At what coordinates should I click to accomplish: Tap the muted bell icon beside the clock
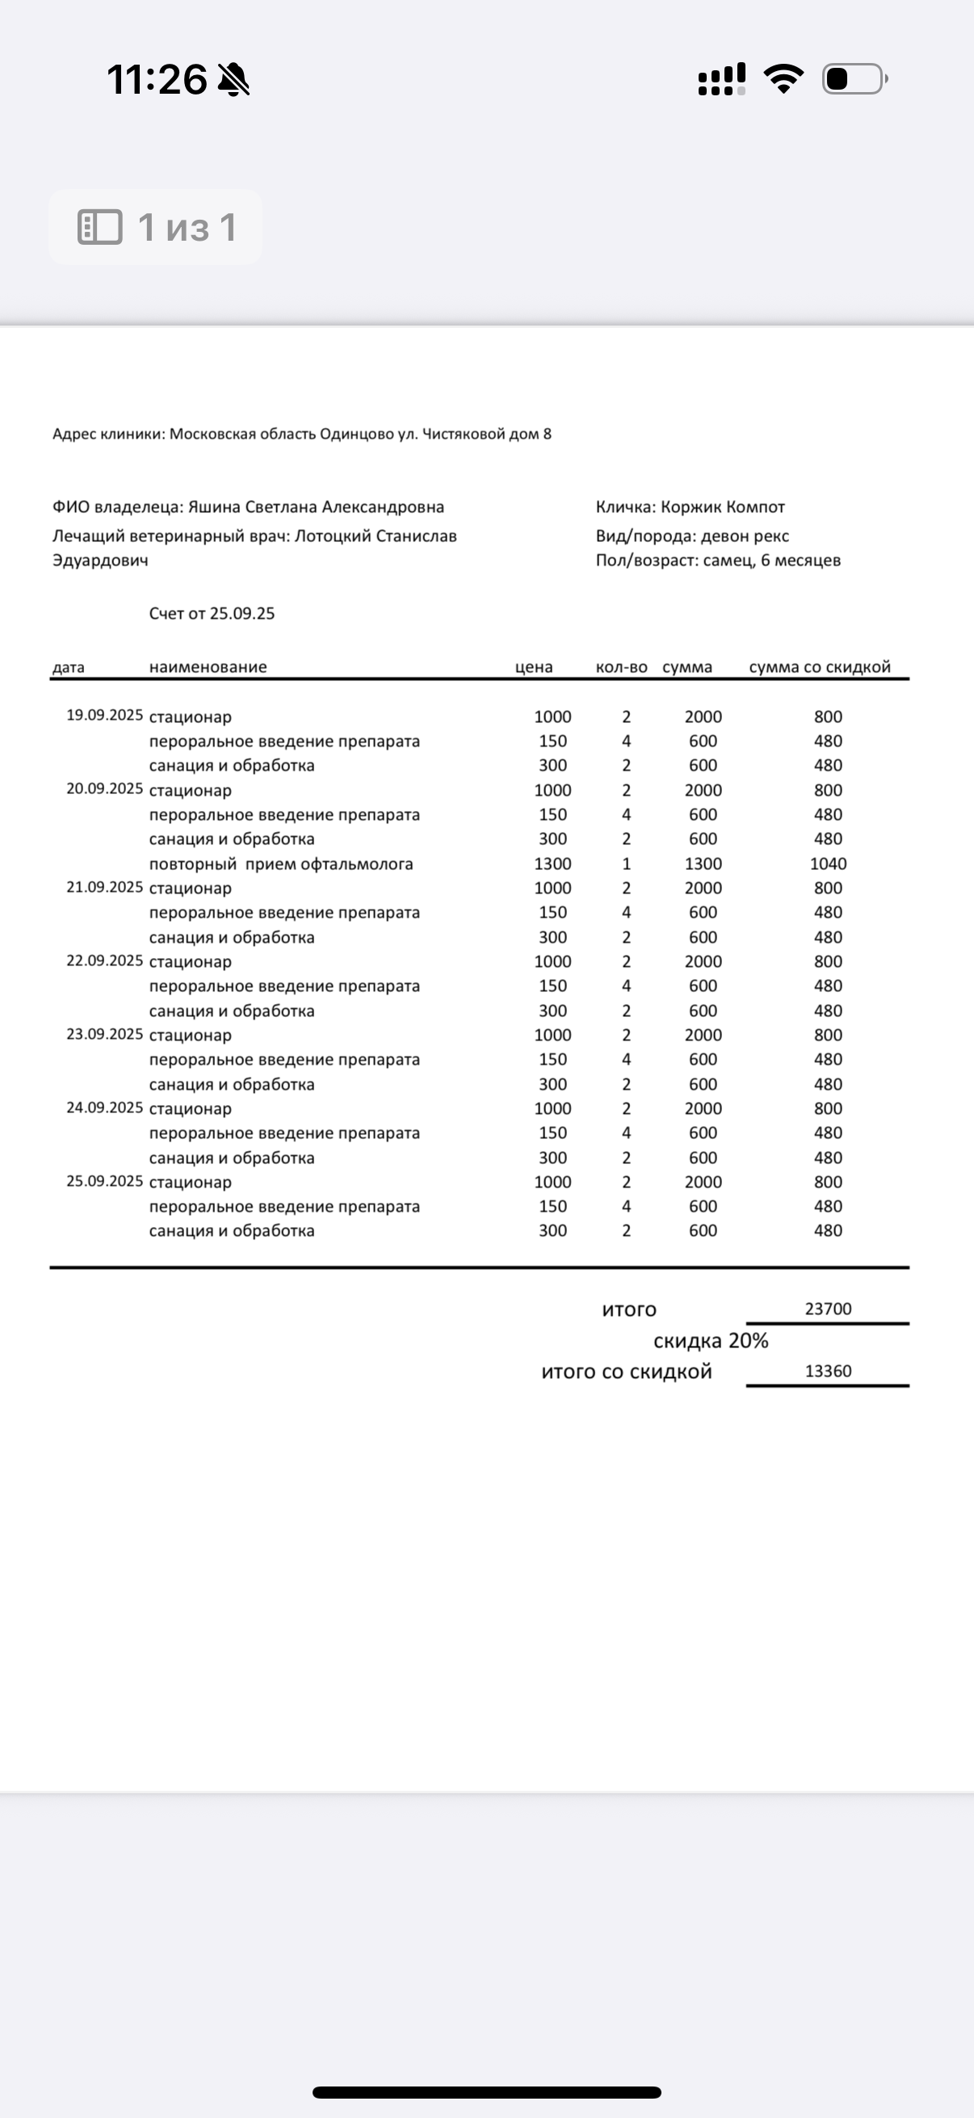pos(234,80)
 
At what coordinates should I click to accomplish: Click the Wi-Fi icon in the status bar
pos(783,79)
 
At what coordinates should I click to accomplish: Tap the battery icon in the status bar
pos(854,79)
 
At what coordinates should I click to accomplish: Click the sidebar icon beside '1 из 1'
pos(99,227)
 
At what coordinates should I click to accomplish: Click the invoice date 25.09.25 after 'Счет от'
pos(242,613)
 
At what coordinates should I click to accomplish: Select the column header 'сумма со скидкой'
pos(820,666)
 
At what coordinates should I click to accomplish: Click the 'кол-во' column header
pos(621,666)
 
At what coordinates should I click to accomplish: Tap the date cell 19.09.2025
pos(104,716)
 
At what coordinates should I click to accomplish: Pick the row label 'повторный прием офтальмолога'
pos(281,864)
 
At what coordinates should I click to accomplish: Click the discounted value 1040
pos(828,864)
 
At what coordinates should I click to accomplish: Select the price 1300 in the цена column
pos(552,864)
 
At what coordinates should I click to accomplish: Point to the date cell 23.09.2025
pos(104,1034)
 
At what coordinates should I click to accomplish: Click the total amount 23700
pos(828,1309)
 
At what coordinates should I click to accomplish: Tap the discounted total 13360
pos(828,1371)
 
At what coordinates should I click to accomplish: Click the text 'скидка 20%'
pos(710,1341)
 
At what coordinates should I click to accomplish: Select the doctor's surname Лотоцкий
pos(332,536)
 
